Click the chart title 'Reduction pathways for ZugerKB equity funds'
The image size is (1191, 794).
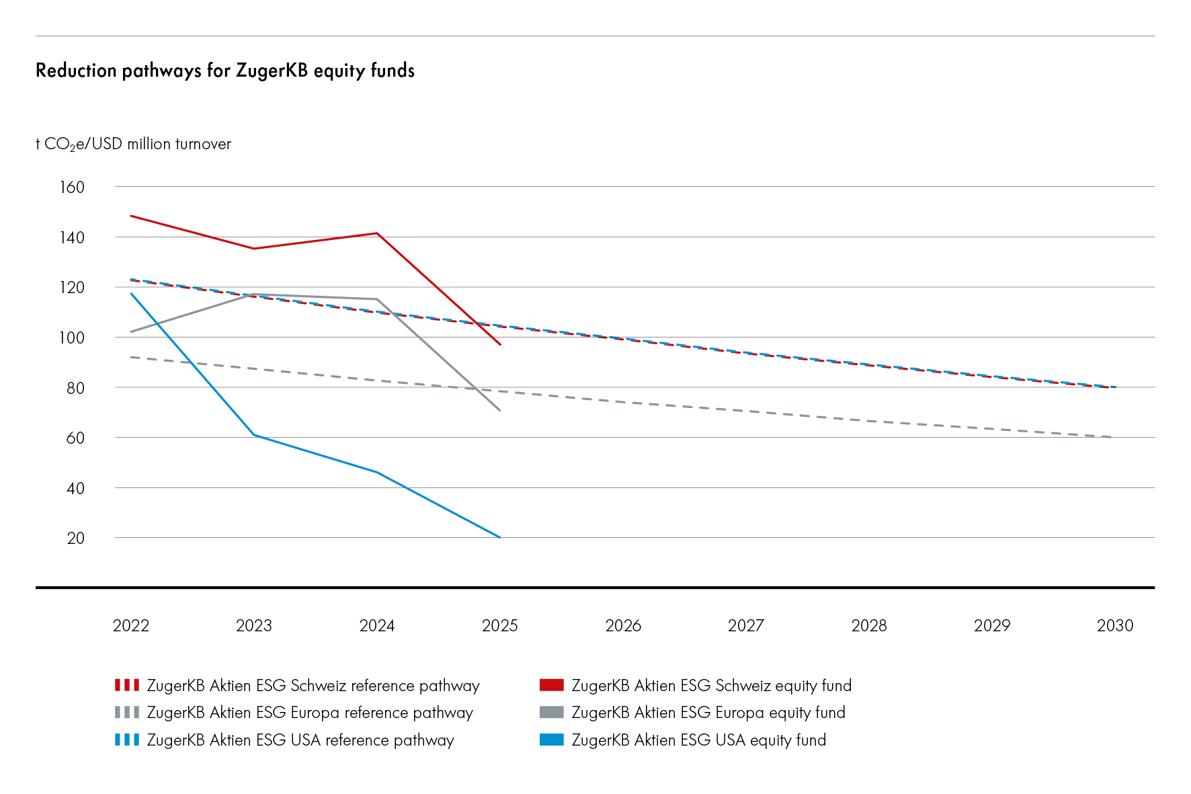224,71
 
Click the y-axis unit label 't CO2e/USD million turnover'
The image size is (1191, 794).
133,145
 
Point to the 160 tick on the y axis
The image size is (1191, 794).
72,187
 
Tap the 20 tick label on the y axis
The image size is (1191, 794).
75,538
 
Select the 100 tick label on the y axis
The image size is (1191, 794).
72,338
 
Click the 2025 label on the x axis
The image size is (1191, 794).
499,625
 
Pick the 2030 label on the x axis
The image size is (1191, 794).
1114,625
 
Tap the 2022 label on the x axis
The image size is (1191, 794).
130,625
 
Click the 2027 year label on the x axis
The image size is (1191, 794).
745,625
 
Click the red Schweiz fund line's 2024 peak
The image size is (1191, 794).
377,233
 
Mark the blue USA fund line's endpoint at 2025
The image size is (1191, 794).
499,537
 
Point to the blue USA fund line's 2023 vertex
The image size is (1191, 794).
254,435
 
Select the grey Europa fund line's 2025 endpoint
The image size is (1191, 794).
499,410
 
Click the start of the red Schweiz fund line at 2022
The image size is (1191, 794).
131,216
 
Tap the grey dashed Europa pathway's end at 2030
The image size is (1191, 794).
1111,437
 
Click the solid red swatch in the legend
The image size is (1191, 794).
551,685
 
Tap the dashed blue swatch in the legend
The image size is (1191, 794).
127,740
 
